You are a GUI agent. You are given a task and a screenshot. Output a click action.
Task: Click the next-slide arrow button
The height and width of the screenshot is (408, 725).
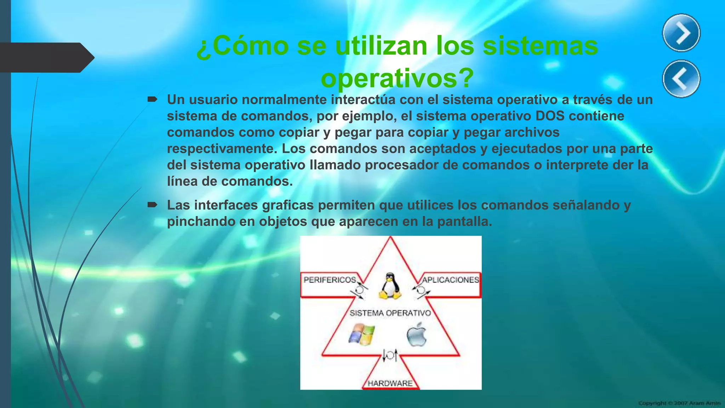(681, 33)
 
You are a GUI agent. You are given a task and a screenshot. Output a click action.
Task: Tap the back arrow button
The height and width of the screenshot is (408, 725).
(681, 79)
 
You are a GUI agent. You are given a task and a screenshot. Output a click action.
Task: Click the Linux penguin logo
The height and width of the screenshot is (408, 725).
(390, 286)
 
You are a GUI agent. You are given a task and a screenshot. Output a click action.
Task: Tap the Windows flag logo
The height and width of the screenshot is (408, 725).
(361, 335)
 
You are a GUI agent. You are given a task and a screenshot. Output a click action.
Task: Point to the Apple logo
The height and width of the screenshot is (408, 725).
(417, 334)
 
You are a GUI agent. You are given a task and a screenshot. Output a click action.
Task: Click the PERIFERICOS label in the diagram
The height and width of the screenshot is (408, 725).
(330, 280)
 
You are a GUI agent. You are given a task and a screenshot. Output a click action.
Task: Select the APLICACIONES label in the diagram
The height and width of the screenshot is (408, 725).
(450, 280)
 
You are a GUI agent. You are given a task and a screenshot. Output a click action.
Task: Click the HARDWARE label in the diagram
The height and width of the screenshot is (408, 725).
(390, 383)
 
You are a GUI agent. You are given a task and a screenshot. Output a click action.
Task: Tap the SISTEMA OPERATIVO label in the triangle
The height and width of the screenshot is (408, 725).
(390, 313)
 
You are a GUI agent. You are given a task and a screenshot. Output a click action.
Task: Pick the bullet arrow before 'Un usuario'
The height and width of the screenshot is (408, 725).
(152, 100)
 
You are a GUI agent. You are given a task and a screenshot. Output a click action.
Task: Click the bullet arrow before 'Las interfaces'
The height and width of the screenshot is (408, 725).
(152, 205)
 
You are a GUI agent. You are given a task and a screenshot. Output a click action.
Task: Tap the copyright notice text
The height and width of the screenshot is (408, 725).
(679, 403)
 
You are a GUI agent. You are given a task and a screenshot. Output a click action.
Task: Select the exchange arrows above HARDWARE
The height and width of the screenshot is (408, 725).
(390, 355)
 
